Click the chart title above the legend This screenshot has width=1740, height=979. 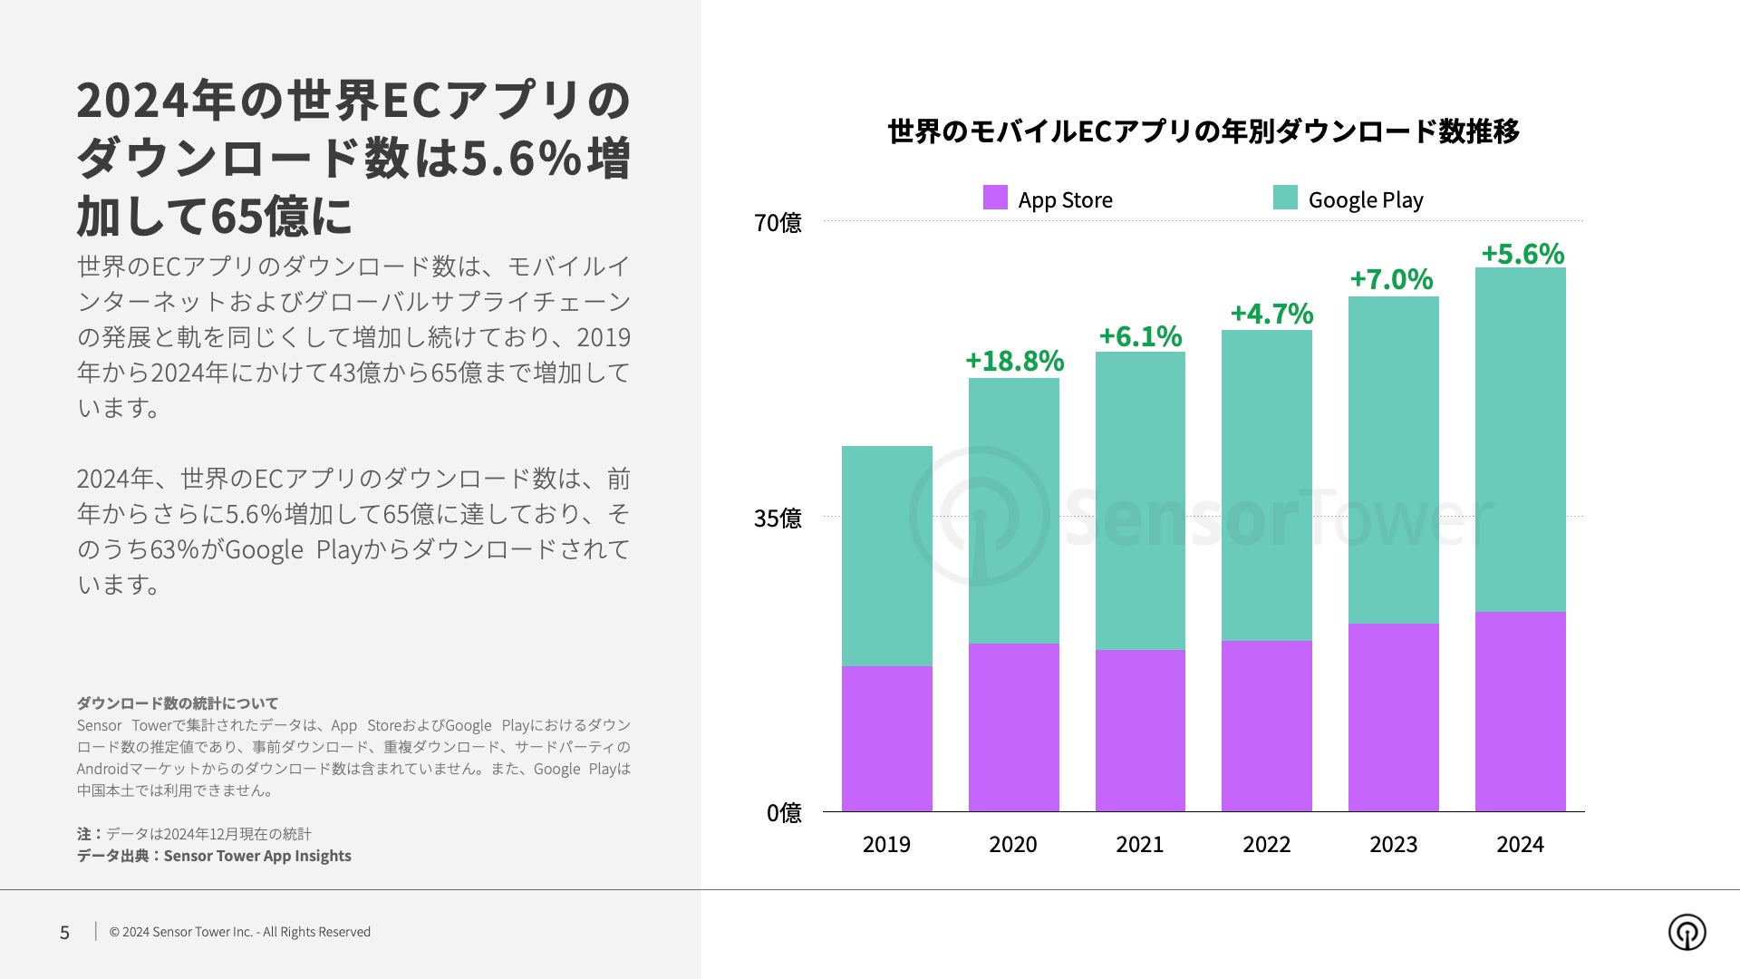coord(1203,131)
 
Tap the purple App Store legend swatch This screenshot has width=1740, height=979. coord(995,198)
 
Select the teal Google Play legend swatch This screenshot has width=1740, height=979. coord(1285,198)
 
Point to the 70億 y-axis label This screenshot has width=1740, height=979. coord(778,223)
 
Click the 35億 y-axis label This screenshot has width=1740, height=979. coord(778,519)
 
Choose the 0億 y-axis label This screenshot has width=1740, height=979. coord(784,813)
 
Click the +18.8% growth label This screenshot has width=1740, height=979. coord(1014,361)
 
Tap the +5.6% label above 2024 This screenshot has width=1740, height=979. coord(1522,254)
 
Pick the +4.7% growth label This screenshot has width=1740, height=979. coord(1271,315)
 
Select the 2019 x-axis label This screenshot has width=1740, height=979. coord(886,845)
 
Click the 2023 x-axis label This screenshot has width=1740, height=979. coord(1393,845)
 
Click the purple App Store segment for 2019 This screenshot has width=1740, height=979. coord(886,739)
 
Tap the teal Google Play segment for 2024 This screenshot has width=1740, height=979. coord(1520,440)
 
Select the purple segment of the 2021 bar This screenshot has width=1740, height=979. coord(1140,731)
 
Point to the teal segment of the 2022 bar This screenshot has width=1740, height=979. coord(1266,485)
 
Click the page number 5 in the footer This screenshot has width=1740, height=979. coord(64,933)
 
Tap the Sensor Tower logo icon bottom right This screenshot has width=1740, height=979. coord(1687,932)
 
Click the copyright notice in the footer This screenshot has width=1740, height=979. coord(240,932)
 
